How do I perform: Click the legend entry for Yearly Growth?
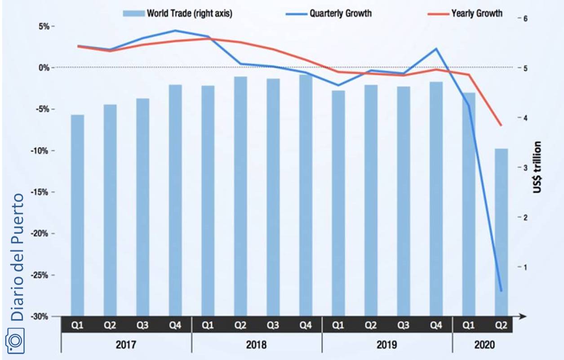point(476,13)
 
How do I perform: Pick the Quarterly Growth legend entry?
point(340,13)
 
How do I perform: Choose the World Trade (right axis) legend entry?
point(189,13)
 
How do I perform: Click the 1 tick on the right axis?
point(524,267)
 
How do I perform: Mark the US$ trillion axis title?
point(537,167)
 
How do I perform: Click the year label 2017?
point(126,345)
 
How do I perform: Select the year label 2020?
point(484,345)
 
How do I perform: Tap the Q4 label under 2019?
point(436,325)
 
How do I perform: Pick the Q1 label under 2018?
point(208,325)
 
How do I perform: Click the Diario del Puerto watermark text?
point(17,257)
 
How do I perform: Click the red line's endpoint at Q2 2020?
point(501,125)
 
